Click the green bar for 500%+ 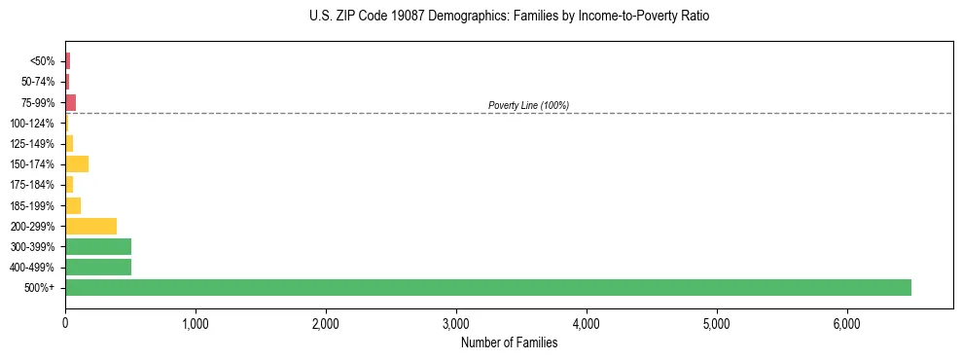(487, 287)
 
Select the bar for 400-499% (98, 267)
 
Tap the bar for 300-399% (98, 246)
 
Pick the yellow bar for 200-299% (90, 226)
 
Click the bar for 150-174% (77, 163)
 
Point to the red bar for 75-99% (70, 102)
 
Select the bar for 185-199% (73, 205)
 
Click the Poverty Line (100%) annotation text (528, 105)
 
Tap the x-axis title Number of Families (509, 342)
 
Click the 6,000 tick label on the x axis (846, 323)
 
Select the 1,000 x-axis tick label (196, 323)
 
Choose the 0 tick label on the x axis (65, 323)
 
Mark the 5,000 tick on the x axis (716, 323)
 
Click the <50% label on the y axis (44, 61)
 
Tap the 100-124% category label (32, 124)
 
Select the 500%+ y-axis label (41, 288)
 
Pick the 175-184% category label (32, 185)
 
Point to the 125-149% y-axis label (32, 144)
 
